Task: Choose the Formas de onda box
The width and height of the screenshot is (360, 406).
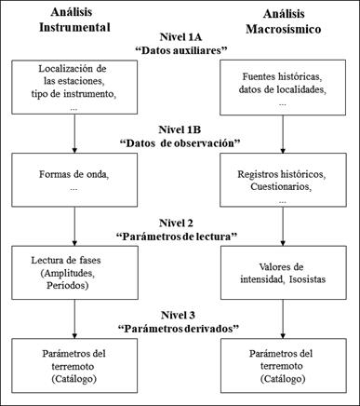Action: click(73, 179)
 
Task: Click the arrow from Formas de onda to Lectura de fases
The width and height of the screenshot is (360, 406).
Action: click(73, 225)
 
